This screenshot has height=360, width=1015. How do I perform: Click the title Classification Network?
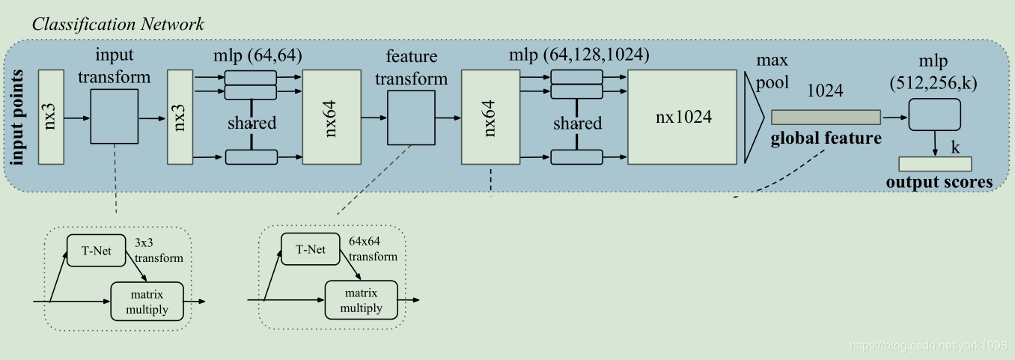click(118, 25)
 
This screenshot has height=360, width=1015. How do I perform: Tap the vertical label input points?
click(16, 118)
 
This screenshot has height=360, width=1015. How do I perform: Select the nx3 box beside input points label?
click(51, 117)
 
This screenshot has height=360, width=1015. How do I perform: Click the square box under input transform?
click(115, 116)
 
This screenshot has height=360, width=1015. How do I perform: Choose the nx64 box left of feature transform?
click(332, 117)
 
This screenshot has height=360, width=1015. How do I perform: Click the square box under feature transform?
click(411, 118)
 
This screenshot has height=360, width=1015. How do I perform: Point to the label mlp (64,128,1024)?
click(579, 55)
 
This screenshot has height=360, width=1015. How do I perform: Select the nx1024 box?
click(682, 117)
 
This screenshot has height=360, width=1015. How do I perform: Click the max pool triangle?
click(753, 118)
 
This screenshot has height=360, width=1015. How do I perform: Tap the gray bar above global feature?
click(826, 118)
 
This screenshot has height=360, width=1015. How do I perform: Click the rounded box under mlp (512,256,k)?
click(934, 115)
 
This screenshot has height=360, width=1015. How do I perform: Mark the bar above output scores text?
click(935, 164)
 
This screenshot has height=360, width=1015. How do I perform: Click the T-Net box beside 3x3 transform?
click(96, 251)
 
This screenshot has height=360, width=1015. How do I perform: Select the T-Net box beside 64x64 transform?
click(311, 249)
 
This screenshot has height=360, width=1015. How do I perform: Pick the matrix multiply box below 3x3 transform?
click(147, 302)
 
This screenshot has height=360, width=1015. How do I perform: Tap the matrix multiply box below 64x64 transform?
click(361, 300)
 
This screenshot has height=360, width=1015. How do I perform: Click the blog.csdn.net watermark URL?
click(928, 346)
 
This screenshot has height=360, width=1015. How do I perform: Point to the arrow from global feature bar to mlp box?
click(895, 118)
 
